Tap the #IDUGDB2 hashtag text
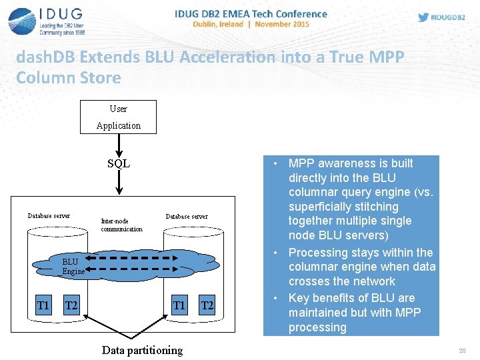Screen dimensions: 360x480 point(447,17)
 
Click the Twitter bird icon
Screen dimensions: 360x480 point(423,17)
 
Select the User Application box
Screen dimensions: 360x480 point(118,117)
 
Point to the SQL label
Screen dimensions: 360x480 point(119,163)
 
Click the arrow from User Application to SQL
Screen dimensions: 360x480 point(119,143)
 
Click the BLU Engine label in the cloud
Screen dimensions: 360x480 point(73,267)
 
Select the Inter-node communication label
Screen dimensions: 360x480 point(121,225)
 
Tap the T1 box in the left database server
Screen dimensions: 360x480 point(43,305)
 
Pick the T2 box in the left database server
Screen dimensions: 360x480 point(71,305)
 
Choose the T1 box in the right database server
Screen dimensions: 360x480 point(179,305)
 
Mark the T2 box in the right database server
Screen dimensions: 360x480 point(207,305)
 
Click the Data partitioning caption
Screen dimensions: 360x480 point(141,350)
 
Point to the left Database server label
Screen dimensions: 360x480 point(49,215)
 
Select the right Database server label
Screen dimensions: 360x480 point(187,216)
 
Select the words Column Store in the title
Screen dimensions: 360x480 point(69,77)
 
